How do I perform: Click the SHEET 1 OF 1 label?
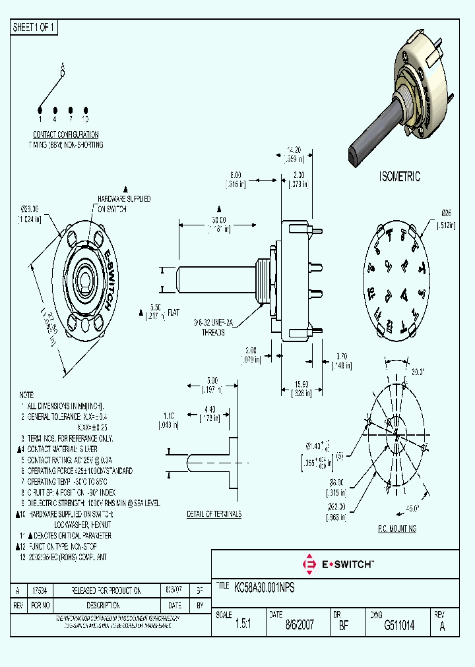tap(34, 28)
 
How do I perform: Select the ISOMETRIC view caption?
tap(399, 177)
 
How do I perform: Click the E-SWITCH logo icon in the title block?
tap(308, 564)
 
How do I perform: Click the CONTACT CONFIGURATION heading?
tap(66, 134)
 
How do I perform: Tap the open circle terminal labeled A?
tap(63, 73)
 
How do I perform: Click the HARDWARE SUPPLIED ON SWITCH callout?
tap(124, 204)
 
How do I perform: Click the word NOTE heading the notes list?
tap(26, 391)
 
